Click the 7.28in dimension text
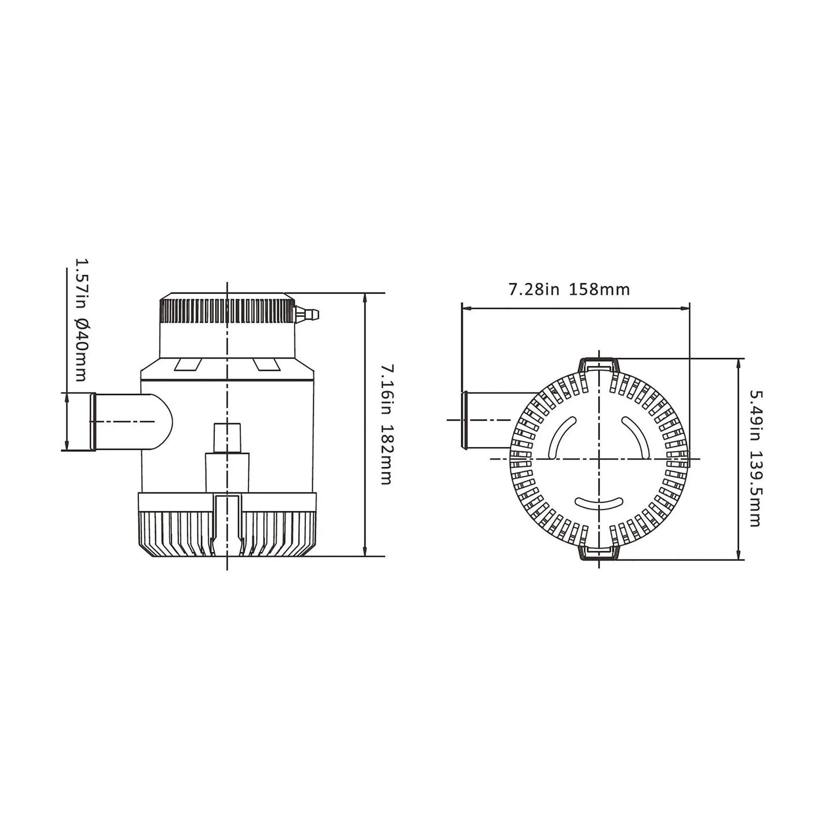pyautogui.click(x=533, y=289)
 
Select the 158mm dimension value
pyautogui.click(x=600, y=289)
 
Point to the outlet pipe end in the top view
pyautogui.click(x=464, y=419)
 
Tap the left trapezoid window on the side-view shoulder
pyautogui.click(x=188, y=364)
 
